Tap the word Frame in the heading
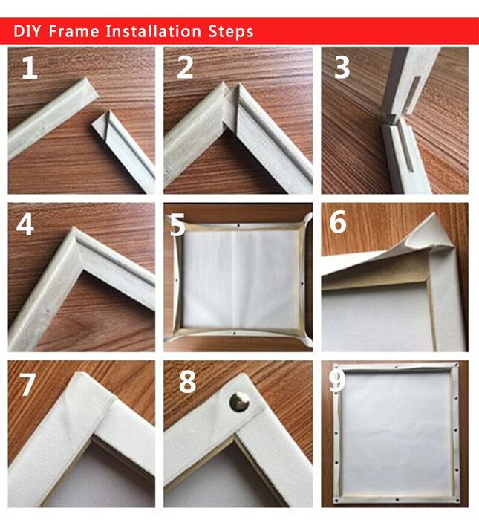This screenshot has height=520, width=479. pos(74,31)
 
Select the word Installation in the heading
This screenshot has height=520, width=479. pos(153,31)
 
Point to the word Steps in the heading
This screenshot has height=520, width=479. pos(231,32)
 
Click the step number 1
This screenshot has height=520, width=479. pos(30,68)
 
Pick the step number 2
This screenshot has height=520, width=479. pos(185,68)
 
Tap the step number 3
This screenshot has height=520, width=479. pos(342,68)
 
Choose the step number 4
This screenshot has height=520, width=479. pos(25,224)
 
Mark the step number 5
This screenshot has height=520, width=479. pos(177,225)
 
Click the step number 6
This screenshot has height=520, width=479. pos(338,221)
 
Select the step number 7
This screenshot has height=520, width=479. pos(27,384)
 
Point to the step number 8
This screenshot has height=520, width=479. pos(187,382)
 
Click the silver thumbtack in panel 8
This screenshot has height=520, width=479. pos(239,402)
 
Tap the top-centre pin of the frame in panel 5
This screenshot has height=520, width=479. pos(238,226)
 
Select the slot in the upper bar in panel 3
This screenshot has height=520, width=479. pos(413,94)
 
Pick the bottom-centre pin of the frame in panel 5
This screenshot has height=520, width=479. pos(235,333)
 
